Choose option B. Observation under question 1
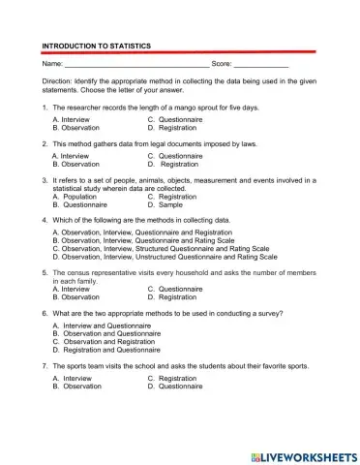[x=78, y=127]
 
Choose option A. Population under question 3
[x=75, y=197]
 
